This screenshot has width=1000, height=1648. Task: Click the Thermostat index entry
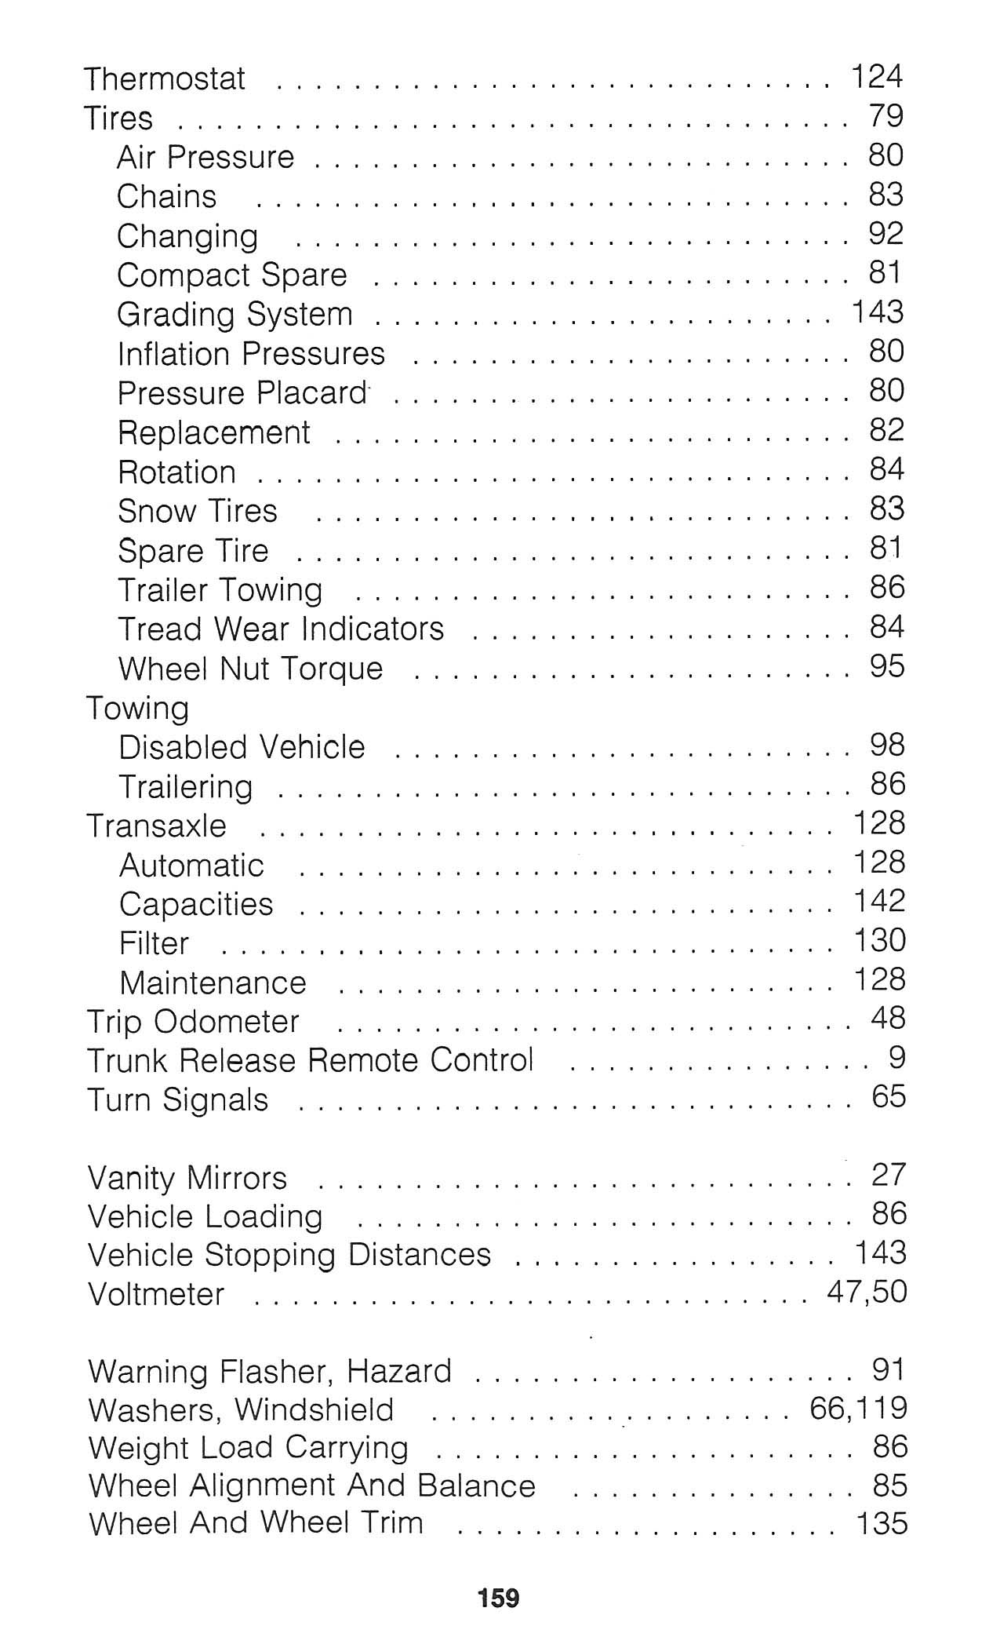coord(165,78)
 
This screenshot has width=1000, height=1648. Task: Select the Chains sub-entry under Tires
coord(166,196)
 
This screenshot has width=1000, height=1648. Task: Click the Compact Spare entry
coord(231,275)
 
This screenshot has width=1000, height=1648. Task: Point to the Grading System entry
coord(235,315)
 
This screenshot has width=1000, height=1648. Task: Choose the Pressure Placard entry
coord(242,393)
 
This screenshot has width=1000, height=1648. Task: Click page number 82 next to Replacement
coord(886,430)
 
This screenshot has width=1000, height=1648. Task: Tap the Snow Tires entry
coord(198,511)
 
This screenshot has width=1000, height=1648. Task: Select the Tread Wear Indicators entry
coord(281,629)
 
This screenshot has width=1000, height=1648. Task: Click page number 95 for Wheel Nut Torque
coord(886,666)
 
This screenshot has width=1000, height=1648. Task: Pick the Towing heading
coord(137,708)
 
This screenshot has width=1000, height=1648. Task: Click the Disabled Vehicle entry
coord(242,747)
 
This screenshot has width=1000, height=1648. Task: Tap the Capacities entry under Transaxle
coord(196,904)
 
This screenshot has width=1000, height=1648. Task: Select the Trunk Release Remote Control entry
coord(310,1060)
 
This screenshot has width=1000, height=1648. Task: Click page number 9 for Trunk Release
coord(897,1059)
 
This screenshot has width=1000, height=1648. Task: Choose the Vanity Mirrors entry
coord(187,1178)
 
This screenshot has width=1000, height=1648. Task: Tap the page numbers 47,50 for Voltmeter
coord(866,1292)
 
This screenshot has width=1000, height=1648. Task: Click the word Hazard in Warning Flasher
coord(398,1371)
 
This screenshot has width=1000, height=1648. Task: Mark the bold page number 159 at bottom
coord(499,1598)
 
